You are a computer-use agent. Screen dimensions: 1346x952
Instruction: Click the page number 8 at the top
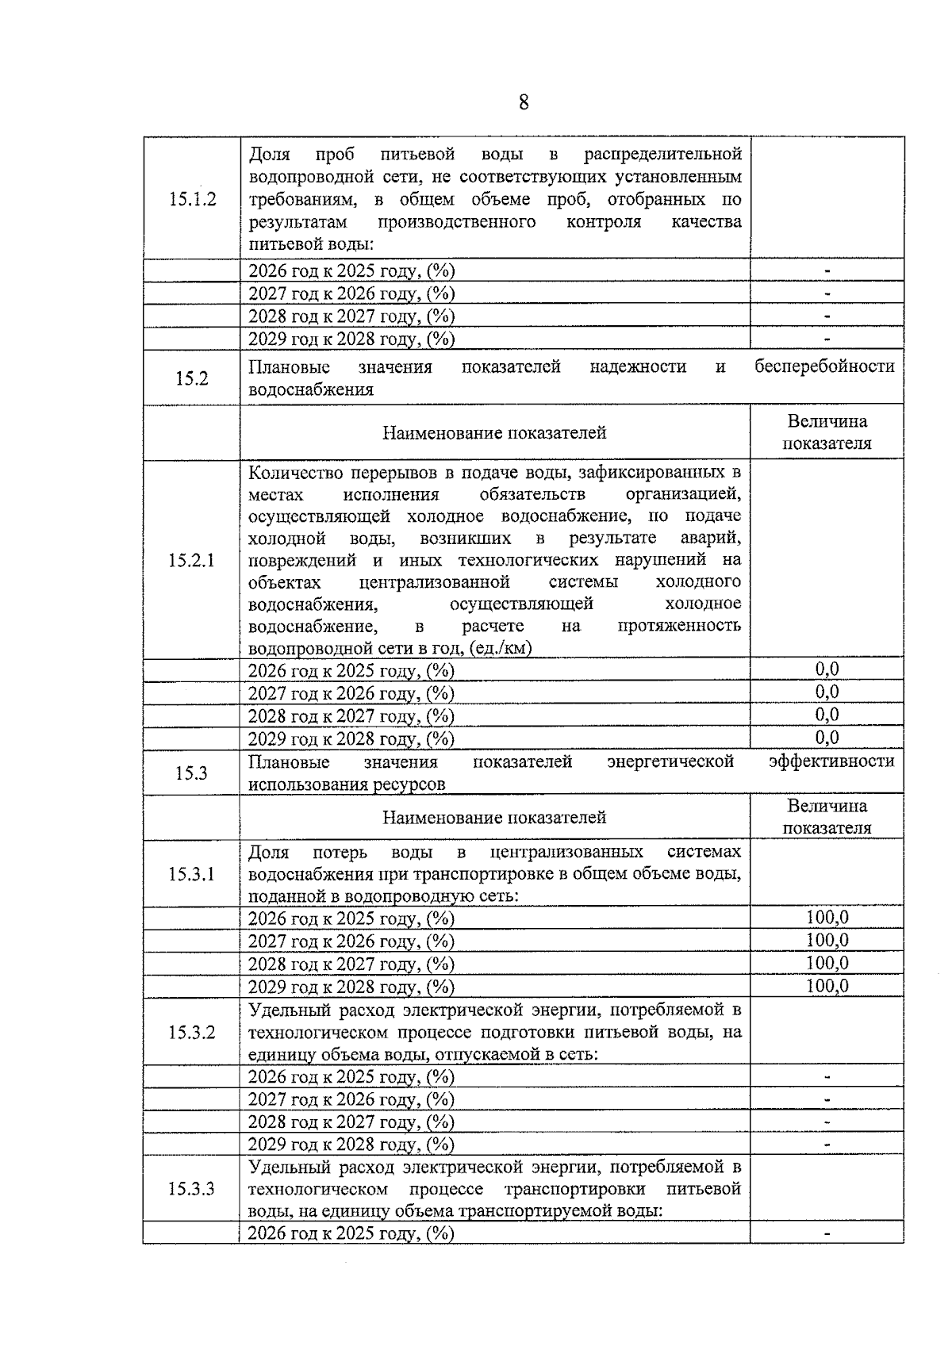(524, 102)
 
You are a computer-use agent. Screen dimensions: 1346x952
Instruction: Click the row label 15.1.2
(192, 199)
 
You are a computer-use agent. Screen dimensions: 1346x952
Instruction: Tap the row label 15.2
(192, 378)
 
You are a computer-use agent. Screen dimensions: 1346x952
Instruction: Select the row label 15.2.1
(192, 561)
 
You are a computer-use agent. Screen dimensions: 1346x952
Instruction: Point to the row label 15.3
(192, 773)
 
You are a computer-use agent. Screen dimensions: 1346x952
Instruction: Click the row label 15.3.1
(192, 874)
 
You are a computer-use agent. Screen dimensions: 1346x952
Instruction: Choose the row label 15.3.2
(192, 1033)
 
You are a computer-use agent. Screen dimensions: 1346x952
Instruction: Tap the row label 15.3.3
(192, 1189)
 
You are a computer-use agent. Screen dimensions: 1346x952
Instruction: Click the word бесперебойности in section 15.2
(824, 366)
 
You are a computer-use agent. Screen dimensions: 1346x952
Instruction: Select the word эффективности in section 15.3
(831, 761)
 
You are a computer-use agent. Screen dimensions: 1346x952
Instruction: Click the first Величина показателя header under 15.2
(827, 432)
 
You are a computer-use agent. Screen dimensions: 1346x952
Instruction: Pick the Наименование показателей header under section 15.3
(494, 818)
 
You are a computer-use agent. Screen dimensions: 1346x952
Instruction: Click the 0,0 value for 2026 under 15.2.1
(827, 669)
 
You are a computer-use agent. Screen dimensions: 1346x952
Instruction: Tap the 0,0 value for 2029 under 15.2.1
(827, 738)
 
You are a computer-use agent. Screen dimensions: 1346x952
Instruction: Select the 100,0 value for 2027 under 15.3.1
(827, 941)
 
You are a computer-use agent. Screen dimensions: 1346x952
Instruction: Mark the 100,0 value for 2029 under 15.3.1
(827, 986)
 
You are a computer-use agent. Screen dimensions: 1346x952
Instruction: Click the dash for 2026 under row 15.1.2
(827, 271)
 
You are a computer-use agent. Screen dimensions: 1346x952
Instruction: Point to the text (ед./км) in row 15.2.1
(500, 648)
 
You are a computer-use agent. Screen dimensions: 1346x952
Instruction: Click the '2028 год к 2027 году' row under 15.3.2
(351, 1122)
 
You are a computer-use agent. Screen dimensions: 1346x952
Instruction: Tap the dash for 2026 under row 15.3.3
(827, 1234)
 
